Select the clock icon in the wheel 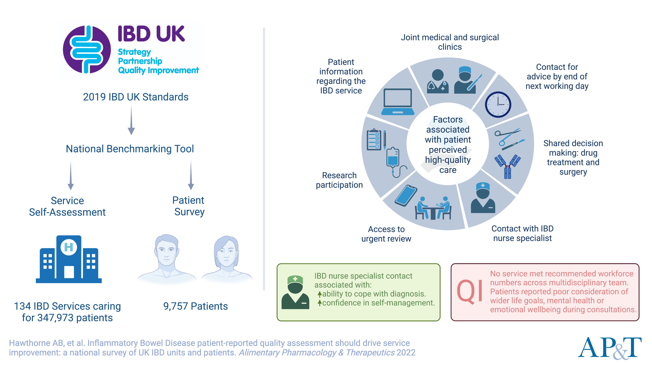[498, 104]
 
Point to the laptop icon [398, 102]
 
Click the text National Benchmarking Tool [130, 149]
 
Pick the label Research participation [339, 180]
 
